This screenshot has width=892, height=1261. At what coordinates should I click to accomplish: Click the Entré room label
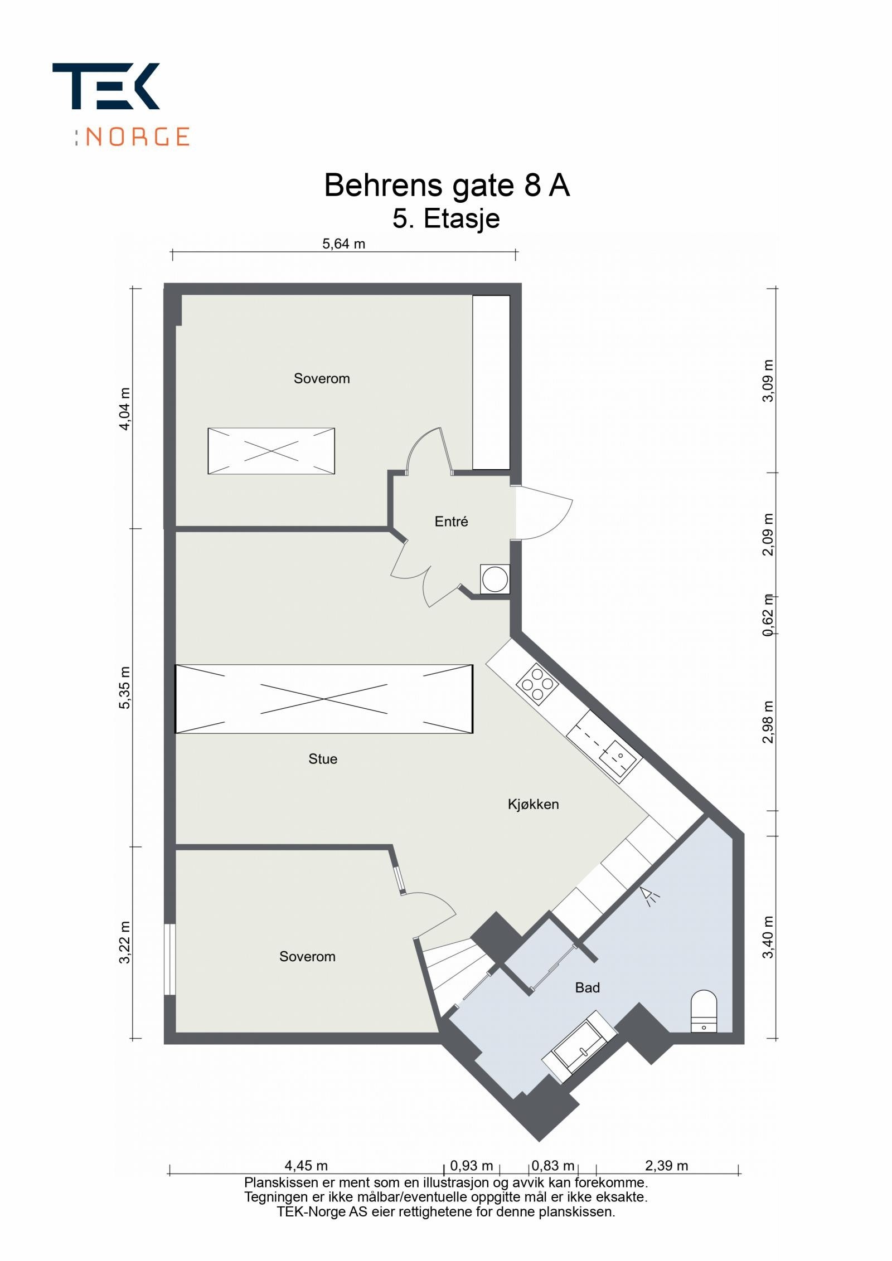coord(451,522)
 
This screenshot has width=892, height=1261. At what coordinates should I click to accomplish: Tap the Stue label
coord(323,759)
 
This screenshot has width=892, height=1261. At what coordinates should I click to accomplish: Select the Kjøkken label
coord(533,804)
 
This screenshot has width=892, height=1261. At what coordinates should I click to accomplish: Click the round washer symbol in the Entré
coord(495,579)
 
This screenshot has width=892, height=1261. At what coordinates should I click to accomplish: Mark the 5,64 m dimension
coord(343,244)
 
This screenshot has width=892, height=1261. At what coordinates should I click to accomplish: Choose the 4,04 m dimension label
coord(125,408)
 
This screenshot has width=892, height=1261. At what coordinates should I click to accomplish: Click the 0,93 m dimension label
coord(472,1166)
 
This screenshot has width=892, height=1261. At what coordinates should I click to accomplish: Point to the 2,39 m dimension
coord(667,1166)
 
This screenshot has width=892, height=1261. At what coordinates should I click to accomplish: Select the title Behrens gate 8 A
coord(447,186)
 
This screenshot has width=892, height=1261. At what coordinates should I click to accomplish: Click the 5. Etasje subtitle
coord(446,218)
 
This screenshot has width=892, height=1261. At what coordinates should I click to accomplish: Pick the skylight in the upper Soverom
coord(271,451)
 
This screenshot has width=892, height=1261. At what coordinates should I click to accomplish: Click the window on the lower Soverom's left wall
coord(169,960)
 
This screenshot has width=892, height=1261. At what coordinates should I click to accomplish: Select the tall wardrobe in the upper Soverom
coord(491,382)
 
